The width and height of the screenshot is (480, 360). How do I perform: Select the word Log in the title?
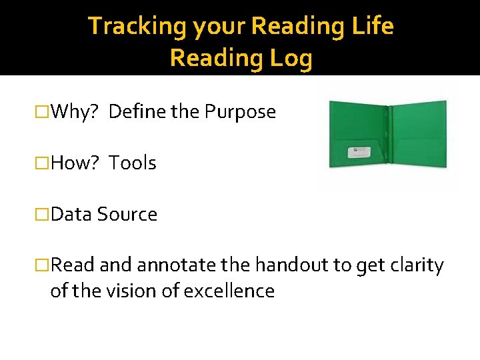click(x=291, y=59)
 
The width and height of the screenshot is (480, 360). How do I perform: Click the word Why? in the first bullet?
click(x=75, y=112)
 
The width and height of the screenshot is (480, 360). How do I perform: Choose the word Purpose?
click(x=240, y=112)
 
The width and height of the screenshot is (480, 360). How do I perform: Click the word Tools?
click(x=133, y=163)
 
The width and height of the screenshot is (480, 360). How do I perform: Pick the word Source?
click(x=127, y=215)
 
